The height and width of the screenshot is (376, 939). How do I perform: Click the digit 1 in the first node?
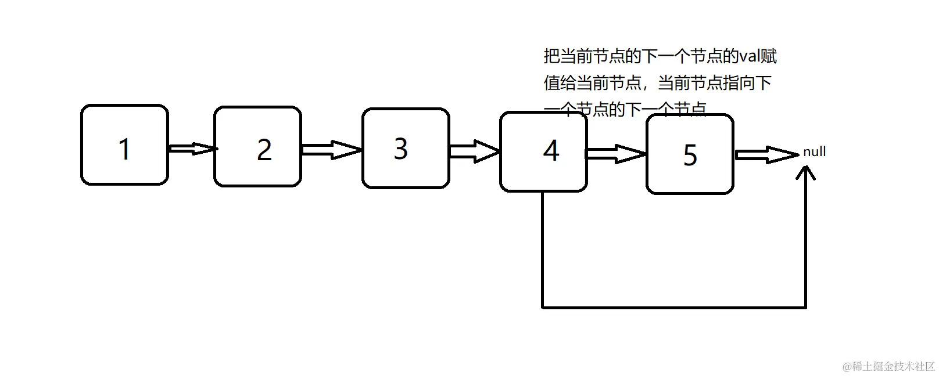coord(124,149)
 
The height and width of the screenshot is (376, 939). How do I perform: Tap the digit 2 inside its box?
coord(264,150)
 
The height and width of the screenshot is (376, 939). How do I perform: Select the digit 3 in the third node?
coord(401,149)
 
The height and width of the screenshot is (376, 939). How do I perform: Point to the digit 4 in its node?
coord(551,151)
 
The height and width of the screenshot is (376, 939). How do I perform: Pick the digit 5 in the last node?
coord(690,155)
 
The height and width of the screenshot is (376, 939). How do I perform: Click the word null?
coord(814,152)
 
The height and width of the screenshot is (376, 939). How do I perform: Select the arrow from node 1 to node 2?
coord(192,149)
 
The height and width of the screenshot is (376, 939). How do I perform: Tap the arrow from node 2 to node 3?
coord(332,150)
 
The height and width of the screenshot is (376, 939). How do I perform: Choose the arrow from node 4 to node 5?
coord(617,154)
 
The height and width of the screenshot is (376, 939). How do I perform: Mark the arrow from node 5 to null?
coord(766,155)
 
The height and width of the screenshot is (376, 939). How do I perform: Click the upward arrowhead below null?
coord(806,172)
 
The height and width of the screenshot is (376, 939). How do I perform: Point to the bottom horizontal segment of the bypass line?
coord(674,307)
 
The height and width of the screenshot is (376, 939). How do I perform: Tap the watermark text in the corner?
coord(888,366)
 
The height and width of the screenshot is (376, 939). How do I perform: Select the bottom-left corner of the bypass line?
coord(543,307)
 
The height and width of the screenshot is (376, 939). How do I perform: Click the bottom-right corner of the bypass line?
coord(806,307)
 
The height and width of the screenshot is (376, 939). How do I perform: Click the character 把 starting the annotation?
coord(552,56)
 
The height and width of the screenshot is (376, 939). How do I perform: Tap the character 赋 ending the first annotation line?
coord(769,56)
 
